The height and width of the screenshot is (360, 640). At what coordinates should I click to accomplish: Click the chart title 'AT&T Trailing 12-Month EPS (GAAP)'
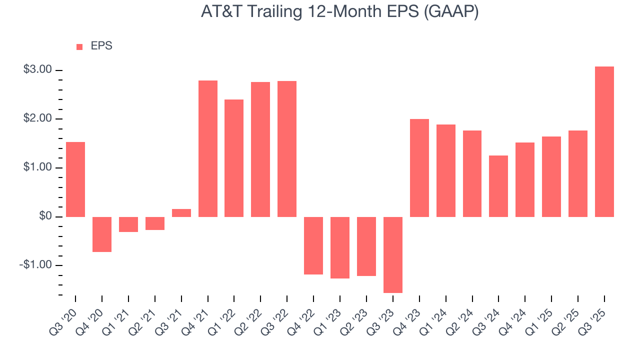click(x=340, y=12)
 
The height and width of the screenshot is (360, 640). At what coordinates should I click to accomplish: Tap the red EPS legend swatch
click(x=79, y=47)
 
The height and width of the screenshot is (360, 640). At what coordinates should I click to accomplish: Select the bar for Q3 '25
click(x=604, y=141)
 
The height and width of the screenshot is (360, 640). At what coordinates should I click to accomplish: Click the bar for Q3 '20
click(x=75, y=179)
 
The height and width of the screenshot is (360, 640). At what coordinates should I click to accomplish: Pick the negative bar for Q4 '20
click(x=102, y=234)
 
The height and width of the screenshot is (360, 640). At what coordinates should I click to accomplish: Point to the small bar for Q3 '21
click(x=181, y=213)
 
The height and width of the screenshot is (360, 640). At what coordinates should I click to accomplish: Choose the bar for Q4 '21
click(x=208, y=148)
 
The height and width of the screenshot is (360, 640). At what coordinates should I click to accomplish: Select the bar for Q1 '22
click(x=234, y=158)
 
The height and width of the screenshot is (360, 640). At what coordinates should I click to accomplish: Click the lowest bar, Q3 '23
click(x=392, y=254)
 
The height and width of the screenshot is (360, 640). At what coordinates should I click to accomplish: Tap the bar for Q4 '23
click(x=419, y=167)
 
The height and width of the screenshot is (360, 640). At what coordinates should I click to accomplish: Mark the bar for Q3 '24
click(x=498, y=186)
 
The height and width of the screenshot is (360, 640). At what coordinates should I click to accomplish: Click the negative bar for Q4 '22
click(x=313, y=245)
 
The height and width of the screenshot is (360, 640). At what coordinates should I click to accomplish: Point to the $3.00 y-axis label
click(x=37, y=70)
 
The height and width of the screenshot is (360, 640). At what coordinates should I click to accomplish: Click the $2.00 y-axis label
click(x=37, y=119)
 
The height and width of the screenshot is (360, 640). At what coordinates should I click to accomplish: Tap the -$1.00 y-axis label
click(x=36, y=265)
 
